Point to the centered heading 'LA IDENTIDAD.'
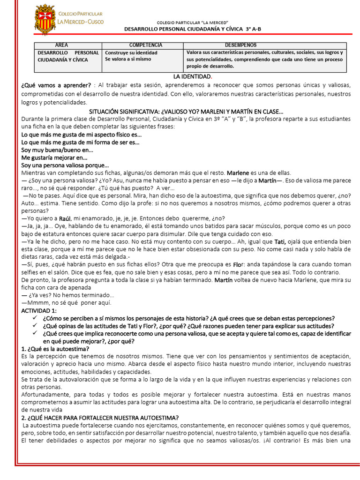(192, 76)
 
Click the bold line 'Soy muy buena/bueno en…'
(57, 150)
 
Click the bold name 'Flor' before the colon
(239, 264)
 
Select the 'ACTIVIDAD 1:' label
(39, 310)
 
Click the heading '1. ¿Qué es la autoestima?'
(56, 349)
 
